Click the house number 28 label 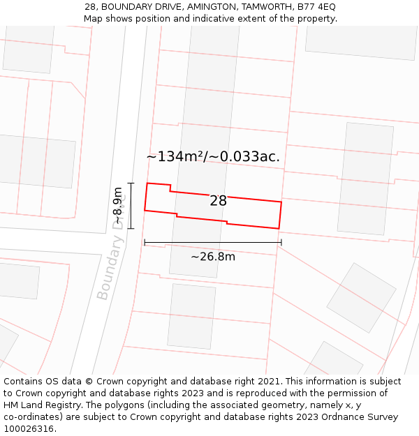218,201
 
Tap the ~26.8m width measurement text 213,257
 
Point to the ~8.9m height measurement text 118,206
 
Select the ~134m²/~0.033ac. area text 213,156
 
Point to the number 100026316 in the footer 28,429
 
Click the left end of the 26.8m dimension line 145,243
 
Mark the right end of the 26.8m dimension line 281,243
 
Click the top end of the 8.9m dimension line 131,183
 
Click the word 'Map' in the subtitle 94,19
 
